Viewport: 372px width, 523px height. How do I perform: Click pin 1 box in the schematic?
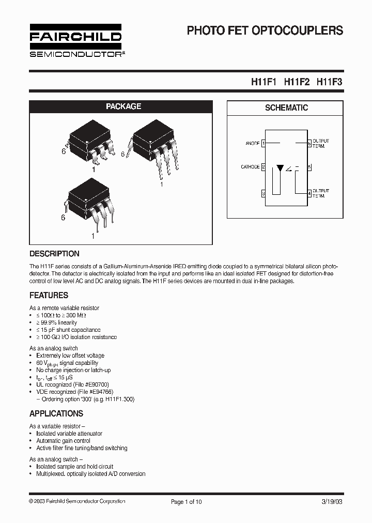point(263,143)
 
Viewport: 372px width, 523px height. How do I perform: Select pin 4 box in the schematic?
point(309,193)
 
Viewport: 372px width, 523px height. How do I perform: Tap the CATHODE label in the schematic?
point(250,167)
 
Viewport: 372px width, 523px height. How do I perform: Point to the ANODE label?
point(252,143)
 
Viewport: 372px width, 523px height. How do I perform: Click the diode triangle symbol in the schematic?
point(280,168)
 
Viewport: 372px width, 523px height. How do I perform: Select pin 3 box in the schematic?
point(263,193)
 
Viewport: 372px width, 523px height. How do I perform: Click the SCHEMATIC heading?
point(286,108)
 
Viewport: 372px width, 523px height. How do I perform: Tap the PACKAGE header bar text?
point(123,106)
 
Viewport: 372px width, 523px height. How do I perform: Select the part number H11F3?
point(329,82)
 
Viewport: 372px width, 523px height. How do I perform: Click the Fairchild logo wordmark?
point(75,37)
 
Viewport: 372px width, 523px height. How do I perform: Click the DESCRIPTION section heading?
point(54,254)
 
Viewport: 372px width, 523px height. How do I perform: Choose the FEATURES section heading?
point(49,296)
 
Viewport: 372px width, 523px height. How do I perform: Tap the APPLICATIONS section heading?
point(56,414)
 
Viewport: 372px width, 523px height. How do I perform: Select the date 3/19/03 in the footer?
point(332,501)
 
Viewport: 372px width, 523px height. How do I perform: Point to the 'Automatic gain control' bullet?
point(64,441)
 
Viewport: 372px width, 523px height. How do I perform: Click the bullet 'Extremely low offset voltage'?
point(70,356)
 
